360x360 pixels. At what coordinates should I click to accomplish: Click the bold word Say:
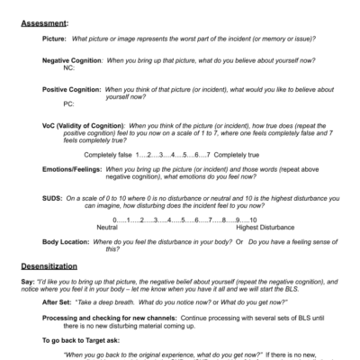tap(28, 283)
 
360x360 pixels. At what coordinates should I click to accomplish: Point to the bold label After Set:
tap(61, 303)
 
